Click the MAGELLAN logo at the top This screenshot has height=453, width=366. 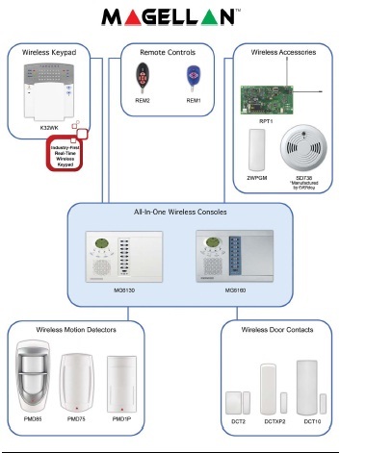(182, 18)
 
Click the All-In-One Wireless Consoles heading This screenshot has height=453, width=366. (183, 211)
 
